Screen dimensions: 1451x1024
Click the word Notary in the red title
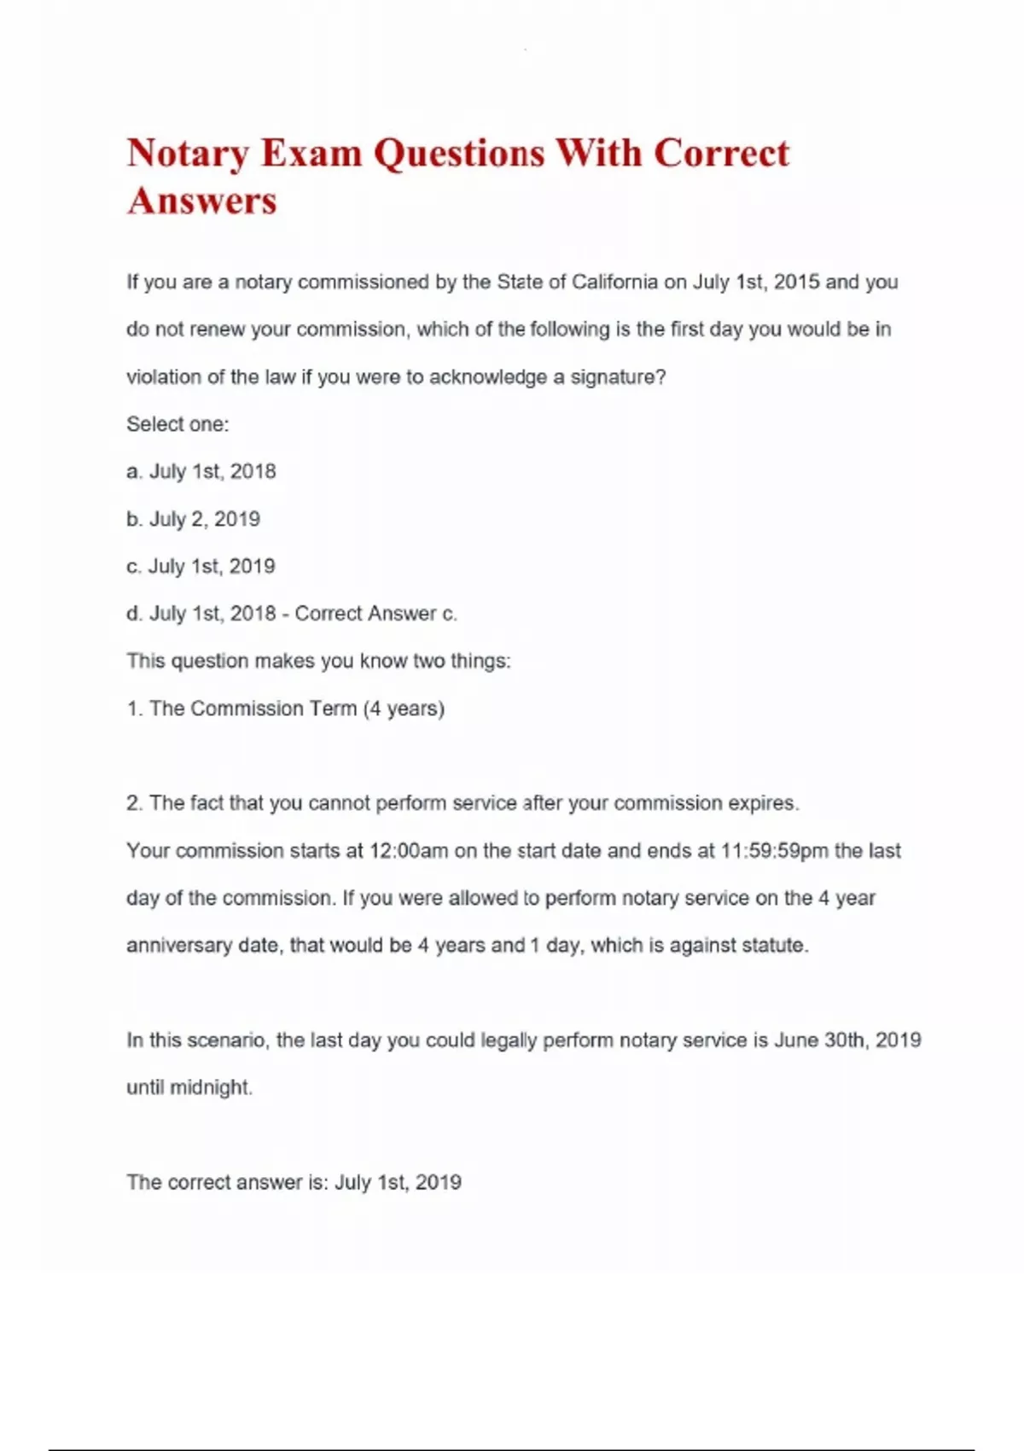[x=188, y=154]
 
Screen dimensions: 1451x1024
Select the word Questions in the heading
[x=459, y=154]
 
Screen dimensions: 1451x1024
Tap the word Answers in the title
[x=202, y=201]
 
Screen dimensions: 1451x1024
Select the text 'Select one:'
[x=177, y=424]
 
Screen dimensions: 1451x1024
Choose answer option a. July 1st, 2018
[x=201, y=472]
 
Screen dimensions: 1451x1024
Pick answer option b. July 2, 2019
[x=194, y=519]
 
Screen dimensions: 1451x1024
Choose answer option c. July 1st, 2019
[x=201, y=567]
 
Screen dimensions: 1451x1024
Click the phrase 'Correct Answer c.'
[x=375, y=614]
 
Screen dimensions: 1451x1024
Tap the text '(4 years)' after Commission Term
[x=404, y=708]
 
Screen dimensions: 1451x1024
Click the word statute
[x=775, y=946]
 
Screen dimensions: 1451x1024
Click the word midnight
[x=212, y=1088]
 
